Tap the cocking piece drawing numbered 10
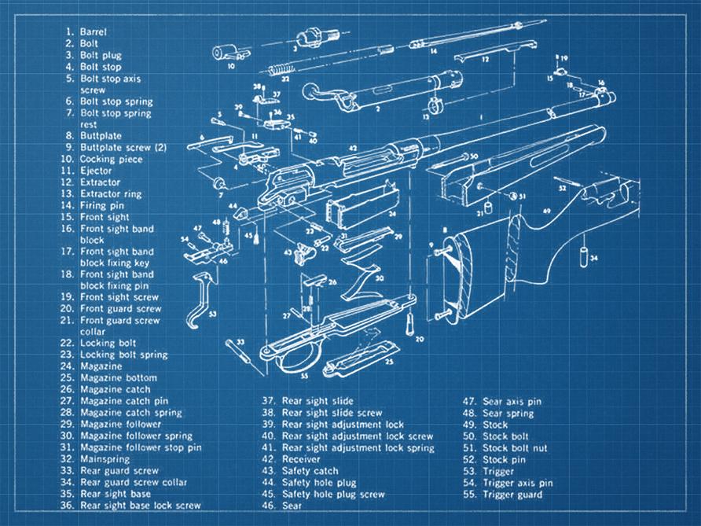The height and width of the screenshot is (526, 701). pyautogui.click(x=227, y=53)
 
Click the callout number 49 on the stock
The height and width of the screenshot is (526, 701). pyautogui.click(x=546, y=211)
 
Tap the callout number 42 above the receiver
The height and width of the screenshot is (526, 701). pyautogui.click(x=354, y=147)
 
